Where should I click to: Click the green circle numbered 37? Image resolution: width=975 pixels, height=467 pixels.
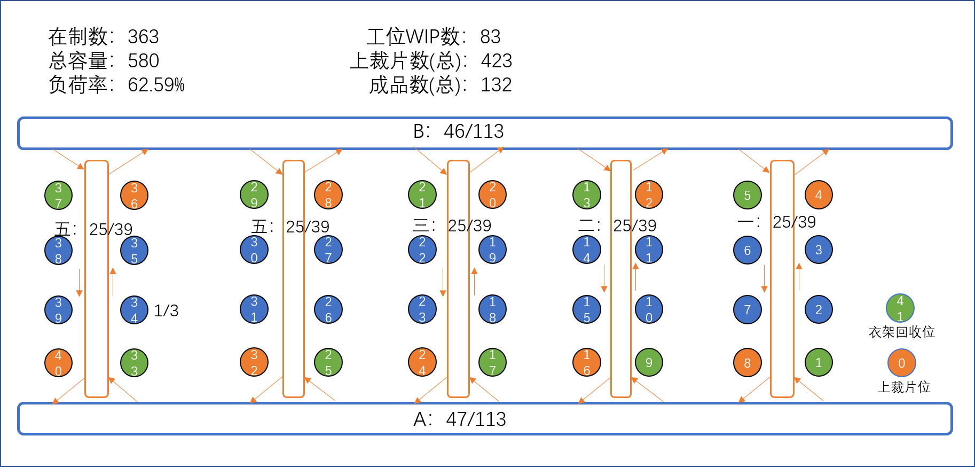[58, 195]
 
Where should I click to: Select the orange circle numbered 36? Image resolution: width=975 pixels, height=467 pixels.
[134, 195]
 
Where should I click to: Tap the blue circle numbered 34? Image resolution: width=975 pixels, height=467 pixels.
[134, 310]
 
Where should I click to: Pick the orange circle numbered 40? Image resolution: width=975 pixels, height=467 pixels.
[58, 363]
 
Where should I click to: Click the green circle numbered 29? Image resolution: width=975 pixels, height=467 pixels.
[254, 194]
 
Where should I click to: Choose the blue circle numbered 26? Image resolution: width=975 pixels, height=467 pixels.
[328, 309]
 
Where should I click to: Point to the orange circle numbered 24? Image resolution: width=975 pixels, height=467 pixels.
[422, 362]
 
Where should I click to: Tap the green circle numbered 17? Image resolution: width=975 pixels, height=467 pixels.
[492, 362]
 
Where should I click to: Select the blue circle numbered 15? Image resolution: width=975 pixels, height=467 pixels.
[587, 309]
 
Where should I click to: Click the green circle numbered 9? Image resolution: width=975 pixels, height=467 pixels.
[649, 362]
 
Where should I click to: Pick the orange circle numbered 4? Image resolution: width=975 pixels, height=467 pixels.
[819, 194]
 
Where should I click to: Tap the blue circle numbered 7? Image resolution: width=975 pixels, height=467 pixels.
[748, 309]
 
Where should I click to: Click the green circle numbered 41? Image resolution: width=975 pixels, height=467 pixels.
[900, 308]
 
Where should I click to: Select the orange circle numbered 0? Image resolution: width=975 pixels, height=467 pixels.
[902, 363]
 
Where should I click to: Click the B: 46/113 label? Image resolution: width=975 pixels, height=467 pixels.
[459, 131]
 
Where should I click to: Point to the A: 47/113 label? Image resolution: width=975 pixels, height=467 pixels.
[460, 419]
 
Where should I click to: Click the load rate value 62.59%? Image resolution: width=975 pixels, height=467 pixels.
[156, 85]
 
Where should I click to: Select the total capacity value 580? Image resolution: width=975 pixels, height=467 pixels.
[144, 61]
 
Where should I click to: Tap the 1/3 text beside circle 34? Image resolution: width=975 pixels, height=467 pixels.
[166, 310]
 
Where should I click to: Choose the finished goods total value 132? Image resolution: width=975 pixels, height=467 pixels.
[497, 85]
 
